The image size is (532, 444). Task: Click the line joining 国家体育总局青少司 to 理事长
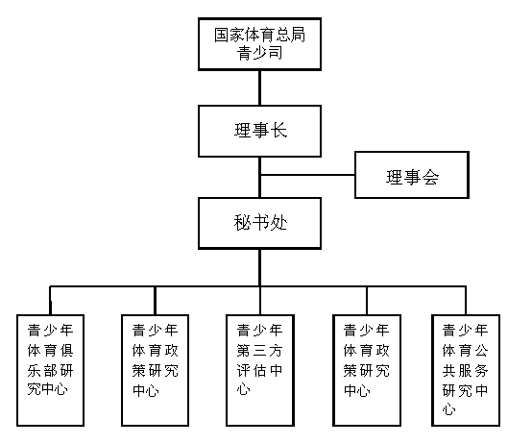(260, 87)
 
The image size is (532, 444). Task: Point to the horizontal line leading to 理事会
(307, 175)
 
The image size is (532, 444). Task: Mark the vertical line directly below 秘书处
(260, 267)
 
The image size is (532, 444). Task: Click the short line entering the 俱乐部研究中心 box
(50, 301)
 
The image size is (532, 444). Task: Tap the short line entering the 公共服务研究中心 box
(466, 301)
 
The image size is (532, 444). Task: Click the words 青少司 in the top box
(259, 53)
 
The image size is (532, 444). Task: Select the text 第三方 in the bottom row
(259, 351)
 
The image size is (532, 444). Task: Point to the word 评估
(252, 371)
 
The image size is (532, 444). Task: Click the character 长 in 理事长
(278, 131)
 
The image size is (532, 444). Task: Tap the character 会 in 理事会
(430, 177)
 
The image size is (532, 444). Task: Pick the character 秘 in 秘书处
(242, 223)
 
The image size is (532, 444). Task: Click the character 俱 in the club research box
(66, 351)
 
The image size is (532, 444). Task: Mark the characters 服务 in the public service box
(473, 371)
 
